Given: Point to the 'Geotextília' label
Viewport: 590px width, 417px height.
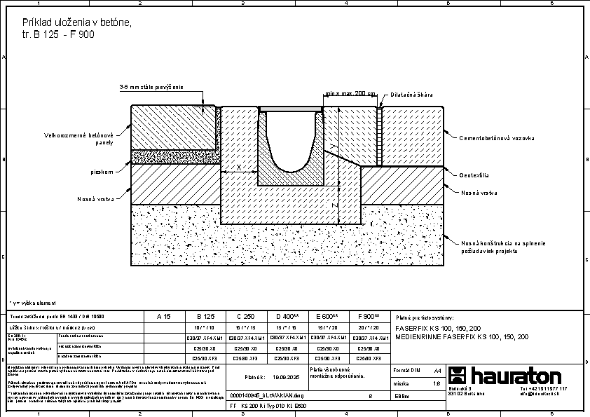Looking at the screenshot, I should (x=474, y=175).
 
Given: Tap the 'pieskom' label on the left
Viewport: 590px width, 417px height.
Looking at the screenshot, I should (x=102, y=171).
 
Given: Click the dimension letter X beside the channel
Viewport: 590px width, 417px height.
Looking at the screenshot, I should (x=239, y=167).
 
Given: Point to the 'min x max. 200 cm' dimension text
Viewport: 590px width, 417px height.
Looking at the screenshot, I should (x=350, y=93).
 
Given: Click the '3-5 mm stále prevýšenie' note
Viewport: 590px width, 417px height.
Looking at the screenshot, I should (x=151, y=87).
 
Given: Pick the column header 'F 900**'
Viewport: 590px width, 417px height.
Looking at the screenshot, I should (x=369, y=317).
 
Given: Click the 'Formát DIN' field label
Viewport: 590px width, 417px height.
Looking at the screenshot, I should (x=406, y=369).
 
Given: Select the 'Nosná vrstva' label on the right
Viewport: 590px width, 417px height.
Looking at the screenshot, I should (x=480, y=192).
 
